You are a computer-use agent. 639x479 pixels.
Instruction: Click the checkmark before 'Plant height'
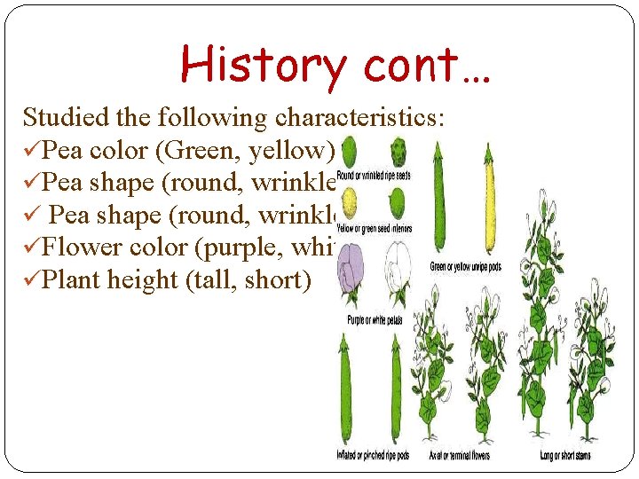[32, 280]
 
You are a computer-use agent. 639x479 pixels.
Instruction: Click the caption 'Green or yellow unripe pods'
[465, 266]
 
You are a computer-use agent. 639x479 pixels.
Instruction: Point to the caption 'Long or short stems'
[565, 456]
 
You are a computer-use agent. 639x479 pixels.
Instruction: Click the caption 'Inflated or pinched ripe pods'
[373, 456]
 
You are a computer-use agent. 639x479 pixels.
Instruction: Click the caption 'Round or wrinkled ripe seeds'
[373, 176]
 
